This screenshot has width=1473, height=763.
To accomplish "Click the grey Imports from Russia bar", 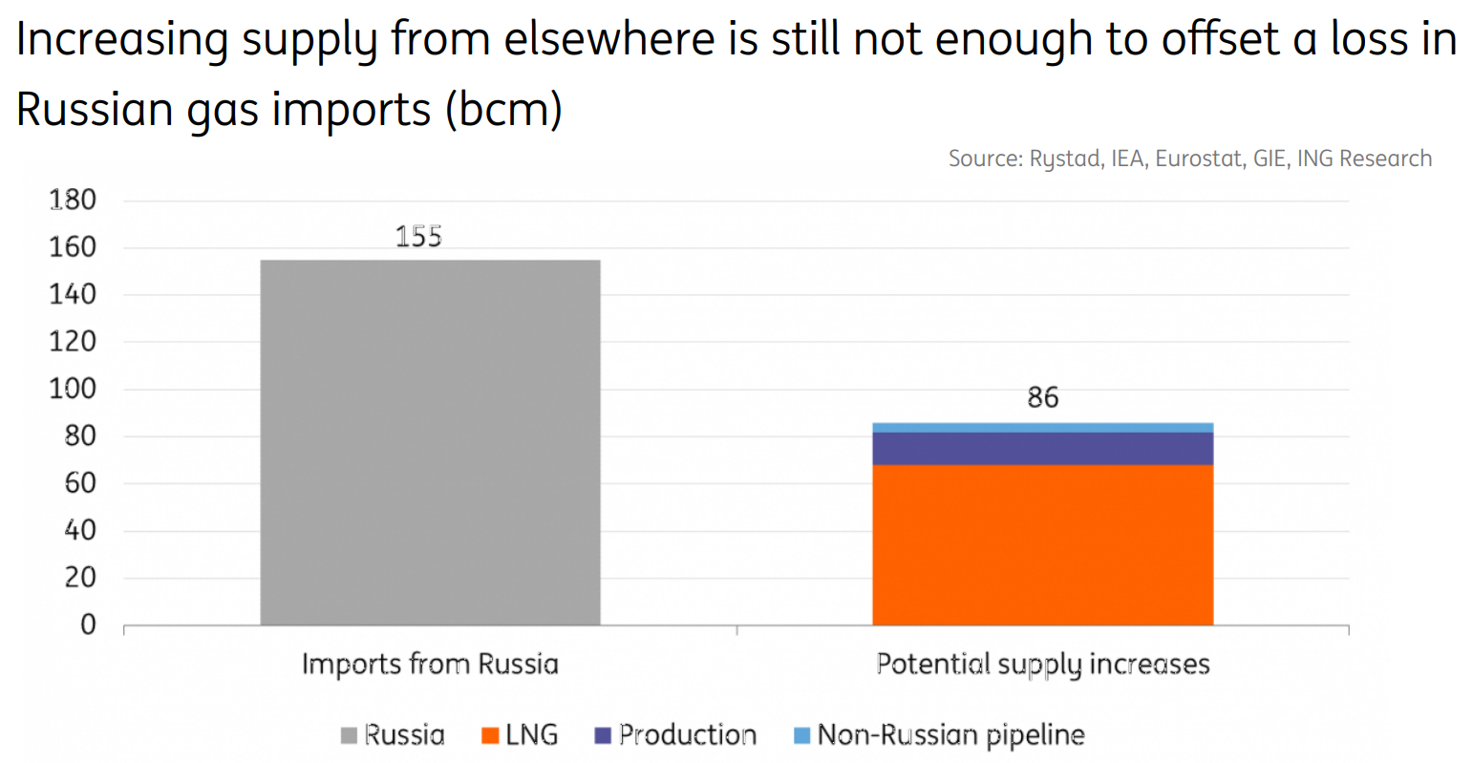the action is click(430, 442).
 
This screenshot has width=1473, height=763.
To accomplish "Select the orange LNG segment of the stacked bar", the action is click(1043, 545).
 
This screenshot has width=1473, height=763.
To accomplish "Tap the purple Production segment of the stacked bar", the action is click(1043, 448).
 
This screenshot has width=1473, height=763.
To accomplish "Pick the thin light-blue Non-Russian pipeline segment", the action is click(1043, 427).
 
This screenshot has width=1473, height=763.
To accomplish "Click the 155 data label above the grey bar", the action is click(419, 237).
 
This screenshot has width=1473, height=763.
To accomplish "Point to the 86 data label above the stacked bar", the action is click(1043, 397).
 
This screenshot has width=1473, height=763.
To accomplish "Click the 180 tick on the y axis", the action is click(73, 200).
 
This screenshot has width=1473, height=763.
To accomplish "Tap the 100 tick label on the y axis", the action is click(73, 389).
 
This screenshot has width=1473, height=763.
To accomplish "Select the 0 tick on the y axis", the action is click(88, 625).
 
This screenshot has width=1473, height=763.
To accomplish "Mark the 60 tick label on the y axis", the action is click(80, 483).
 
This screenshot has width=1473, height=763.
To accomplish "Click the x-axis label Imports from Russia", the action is click(430, 664).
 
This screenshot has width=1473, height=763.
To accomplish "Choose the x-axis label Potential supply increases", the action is click(1043, 665).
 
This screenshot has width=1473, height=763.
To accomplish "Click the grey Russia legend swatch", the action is click(349, 735).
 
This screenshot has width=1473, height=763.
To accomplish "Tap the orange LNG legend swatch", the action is click(490, 735).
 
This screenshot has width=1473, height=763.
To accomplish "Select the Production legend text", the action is click(688, 734).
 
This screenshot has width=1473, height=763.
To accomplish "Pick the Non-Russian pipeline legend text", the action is click(950, 735).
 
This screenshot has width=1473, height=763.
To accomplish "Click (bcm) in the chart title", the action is click(503, 109).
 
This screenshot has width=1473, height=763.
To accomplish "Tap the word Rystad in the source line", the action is click(1067, 159).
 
